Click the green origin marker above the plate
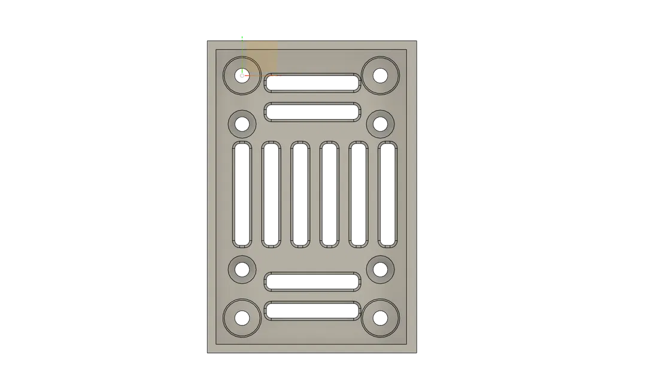(242, 37)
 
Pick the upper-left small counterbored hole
(242, 124)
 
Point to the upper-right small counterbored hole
(380, 124)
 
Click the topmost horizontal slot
(312, 83)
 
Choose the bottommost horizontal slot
(312, 311)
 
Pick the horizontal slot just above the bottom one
(312, 281)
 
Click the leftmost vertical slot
(242, 194)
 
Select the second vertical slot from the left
(271, 194)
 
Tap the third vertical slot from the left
(300, 194)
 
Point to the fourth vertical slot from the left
(329, 194)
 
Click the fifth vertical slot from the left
(358, 194)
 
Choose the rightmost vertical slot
(387, 194)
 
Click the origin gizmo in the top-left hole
(242, 75)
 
